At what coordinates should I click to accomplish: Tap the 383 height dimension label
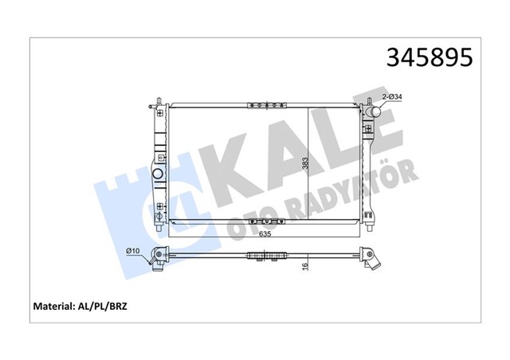304,166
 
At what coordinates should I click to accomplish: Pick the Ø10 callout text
134,252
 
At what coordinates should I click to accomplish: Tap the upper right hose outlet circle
372,113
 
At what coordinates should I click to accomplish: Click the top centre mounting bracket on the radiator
266,104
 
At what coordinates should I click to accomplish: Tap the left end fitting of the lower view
160,256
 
